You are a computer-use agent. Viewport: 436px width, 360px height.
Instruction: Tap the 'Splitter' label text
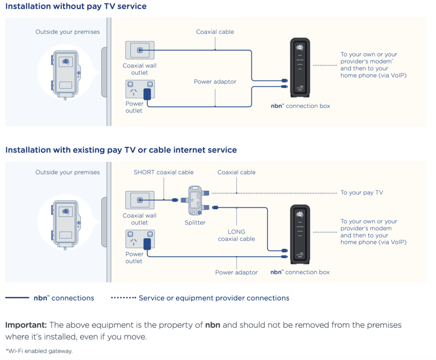click(195, 222)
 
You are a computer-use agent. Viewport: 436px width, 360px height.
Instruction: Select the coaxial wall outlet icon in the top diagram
click(140, 50)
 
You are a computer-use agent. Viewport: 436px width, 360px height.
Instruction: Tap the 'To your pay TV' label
click(361, 193)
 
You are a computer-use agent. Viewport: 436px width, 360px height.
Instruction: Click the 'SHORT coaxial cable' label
click(163, 172)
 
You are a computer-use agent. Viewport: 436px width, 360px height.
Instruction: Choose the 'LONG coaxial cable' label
click(236, 235)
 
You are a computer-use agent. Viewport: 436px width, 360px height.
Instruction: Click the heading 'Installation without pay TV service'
click(76, 6)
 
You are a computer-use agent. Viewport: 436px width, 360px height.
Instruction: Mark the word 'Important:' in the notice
click(26, 325)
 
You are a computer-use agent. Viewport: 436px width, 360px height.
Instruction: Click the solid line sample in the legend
click(17, 298)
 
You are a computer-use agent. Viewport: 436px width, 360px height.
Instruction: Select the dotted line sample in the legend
click(123, 298)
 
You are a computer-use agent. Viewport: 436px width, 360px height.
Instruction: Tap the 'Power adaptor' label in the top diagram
click(215, 82)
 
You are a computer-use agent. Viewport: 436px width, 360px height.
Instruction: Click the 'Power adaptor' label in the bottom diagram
click(236, 272)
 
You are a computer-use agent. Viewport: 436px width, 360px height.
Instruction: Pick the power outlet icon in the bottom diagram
click(140, 239)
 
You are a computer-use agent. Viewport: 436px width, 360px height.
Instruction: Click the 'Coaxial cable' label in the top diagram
click(215, 32)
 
